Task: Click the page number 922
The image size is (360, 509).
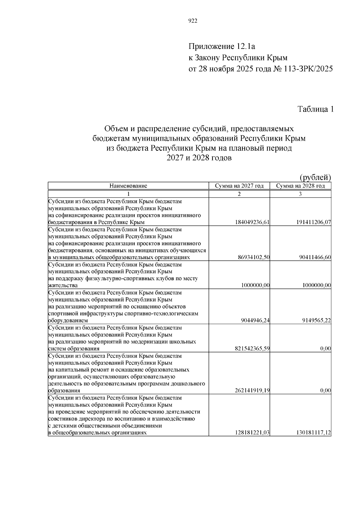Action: [193, 21]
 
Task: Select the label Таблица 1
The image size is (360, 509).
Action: [315, 109]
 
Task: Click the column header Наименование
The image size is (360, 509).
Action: [128, 186]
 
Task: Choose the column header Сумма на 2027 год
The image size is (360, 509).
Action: [239, 186]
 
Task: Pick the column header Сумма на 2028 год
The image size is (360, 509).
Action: [300, 186]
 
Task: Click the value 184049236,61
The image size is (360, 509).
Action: [253, 222]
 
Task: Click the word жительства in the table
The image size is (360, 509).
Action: [63, 286]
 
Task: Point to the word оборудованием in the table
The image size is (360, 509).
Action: [68, 321]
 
